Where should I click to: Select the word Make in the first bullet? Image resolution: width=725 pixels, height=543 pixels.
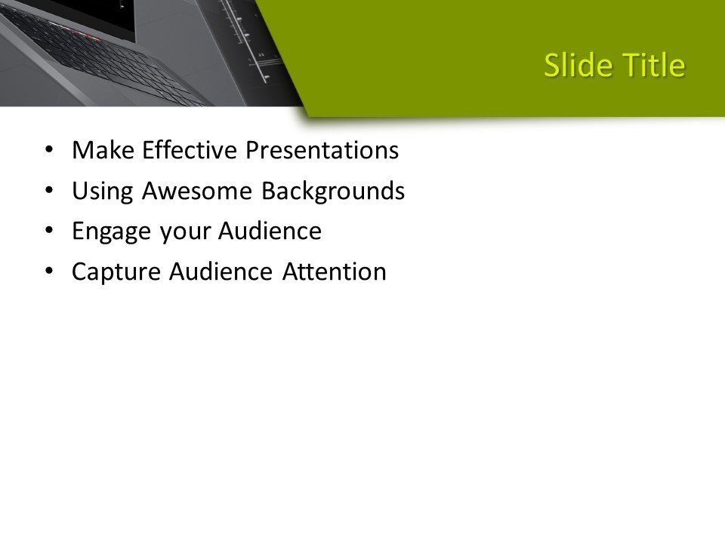[x=103, y=150]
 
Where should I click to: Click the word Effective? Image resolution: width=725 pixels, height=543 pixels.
[x=190, y=150]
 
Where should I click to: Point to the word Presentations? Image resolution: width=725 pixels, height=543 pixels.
[x=322, y=151]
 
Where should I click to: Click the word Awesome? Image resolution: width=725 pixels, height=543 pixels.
[x=197, y=191]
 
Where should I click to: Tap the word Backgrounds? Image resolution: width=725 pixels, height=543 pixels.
[x=333, y=192]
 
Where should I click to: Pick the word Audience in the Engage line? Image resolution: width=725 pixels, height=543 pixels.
[x=270, y=231]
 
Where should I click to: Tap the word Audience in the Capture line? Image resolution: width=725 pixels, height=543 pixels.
[x=221, y=271]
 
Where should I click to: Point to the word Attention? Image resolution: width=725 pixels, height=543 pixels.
[x=335, y=271]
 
